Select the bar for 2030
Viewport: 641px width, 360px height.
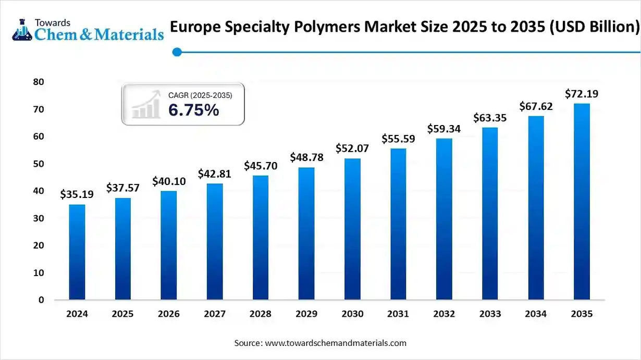352,229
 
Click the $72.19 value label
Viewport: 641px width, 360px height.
582,94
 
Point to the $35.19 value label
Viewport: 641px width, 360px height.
77,194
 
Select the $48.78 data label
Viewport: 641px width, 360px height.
306,157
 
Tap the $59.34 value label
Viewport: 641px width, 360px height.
444,128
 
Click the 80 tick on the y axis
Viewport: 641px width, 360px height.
38,82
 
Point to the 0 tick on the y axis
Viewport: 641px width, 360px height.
41,300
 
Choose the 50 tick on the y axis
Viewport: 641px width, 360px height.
38,164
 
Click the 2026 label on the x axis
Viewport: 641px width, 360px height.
169,314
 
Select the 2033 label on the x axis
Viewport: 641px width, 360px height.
490,314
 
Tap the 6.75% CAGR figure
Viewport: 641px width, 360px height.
193,110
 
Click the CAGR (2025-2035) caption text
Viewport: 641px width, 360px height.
200,95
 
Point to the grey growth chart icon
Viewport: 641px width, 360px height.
146,104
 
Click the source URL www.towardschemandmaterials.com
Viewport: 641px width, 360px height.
336,343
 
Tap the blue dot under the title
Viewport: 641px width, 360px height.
177,52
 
